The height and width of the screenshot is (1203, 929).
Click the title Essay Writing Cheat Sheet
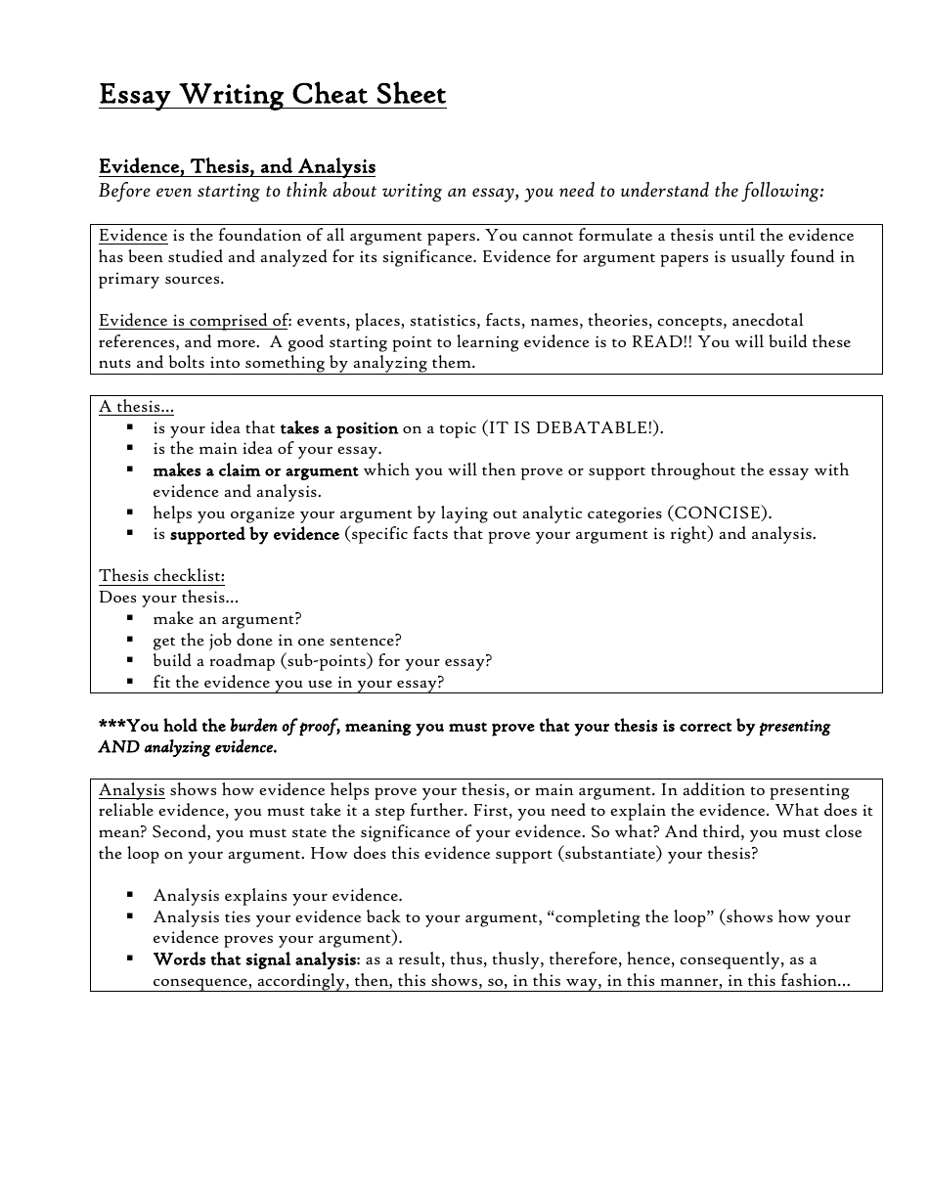(x=272, y=95)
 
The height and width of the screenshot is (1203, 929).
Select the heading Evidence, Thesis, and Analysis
(x=237, y=166)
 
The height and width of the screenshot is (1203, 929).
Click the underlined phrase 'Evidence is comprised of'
(x=194, y=320)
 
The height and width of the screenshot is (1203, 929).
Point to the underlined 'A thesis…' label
(x=136, y=407)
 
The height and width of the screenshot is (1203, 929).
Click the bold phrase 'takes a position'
(x=338, y=428)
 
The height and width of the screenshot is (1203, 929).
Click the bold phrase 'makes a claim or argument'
(x=255, y=470)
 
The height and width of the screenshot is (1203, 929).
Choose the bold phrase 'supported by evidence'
(x=254, y=534)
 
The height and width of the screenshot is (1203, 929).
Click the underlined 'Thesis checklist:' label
(x=161, y=576)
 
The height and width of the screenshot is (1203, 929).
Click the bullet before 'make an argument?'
(x=129, y=619)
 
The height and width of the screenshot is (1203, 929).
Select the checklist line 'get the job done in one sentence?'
(x=277, y=641)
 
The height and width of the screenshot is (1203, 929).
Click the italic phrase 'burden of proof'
(x=284, y=726)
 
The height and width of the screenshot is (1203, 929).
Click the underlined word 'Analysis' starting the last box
(x=131, y=789)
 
